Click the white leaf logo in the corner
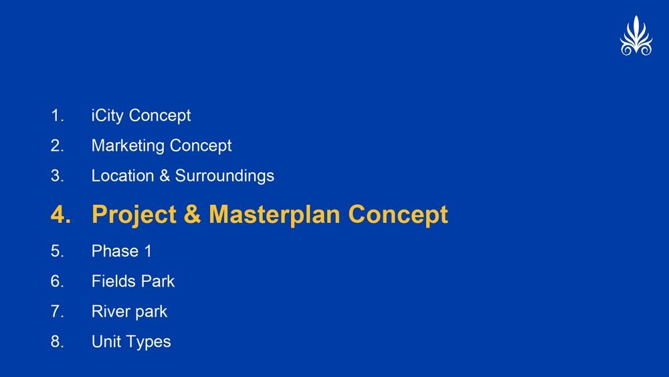pyautogui.click(x=636, y=36)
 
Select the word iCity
pyautogui.click(x=107, y=116)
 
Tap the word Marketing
pyautogui.click(x=128, y=146)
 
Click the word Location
pyautogui.click(x=122, y=175)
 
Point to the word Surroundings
pyautogui.click(x=224, y=176)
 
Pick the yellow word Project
pyautogui.click(x=134, y=215)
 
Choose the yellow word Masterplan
pyautogui.click(x=274, y=215)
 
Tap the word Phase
pyautogui.click(x=115, y=251)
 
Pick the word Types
pyautogui.click(x=149, y=342)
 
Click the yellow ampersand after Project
pyautogui.click(x=193, y=214)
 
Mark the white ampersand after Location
pyautogui.click(x=165, y=176)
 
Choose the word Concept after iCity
pyautogui.click(x=160, y=116)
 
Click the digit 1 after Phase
pyautogui.click(x=148, y=251)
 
